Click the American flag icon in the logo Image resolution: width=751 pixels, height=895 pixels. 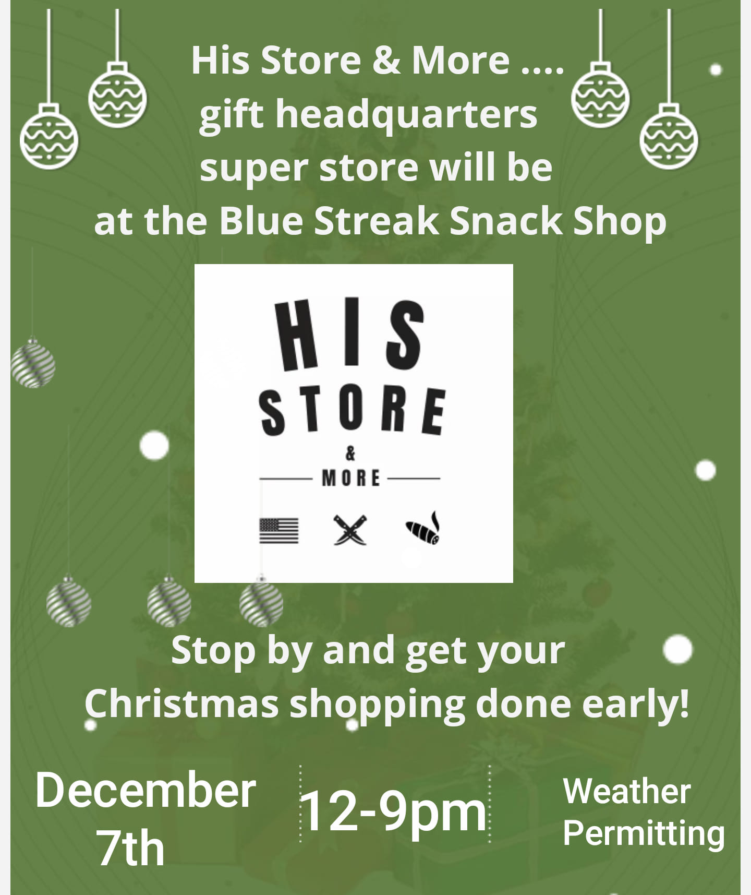click(279, 531)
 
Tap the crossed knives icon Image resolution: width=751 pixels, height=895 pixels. click(350, 530)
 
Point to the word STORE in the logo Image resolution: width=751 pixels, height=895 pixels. click(353, 411)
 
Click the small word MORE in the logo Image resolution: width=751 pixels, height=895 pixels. click(351, 478)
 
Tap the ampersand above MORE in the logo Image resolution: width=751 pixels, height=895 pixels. click(350, 455)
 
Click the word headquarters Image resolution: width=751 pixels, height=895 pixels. click(406, 115)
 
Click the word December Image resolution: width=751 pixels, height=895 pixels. click(146, 790)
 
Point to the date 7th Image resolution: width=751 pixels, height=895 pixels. click(131, 849)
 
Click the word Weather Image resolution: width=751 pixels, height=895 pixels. click(627, 791)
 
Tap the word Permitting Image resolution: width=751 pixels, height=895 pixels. click(644, 833)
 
